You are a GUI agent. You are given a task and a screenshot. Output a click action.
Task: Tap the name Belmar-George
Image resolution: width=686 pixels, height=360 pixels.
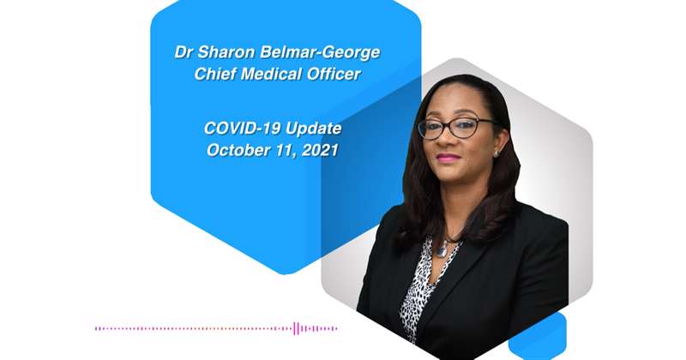[320, 53]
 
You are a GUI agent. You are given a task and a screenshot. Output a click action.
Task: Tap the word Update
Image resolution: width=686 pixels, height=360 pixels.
[313, 129]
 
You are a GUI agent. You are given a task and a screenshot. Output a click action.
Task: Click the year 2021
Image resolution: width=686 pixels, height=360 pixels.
[320, 150]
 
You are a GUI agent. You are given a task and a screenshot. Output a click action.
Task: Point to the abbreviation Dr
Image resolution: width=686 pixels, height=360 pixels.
[184, 52]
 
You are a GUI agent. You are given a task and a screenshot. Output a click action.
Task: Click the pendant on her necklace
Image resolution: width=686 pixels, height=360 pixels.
[442, 249]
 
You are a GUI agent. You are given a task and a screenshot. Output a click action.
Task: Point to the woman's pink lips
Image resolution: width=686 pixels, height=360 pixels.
[448, 158]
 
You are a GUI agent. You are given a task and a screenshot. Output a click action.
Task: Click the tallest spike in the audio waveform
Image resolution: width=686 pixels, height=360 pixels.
[295, 328]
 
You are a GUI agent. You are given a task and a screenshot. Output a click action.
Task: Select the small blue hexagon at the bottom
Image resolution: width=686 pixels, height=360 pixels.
[538, 336]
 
